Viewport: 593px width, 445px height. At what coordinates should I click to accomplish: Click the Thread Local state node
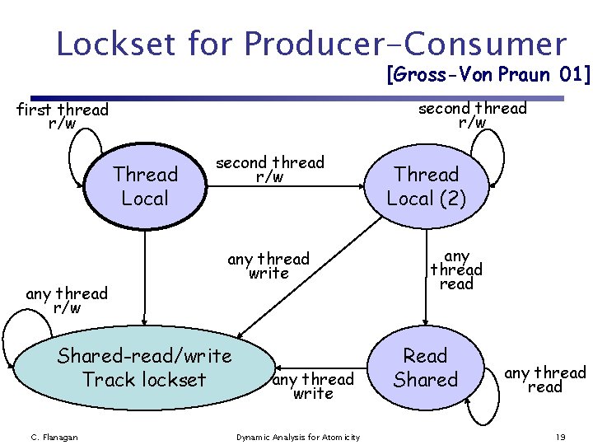[x=145, y=186]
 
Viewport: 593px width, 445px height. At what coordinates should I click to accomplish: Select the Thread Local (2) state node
[x=426, y=186]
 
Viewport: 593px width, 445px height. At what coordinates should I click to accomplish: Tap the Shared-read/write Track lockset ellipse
[x=144, y=368]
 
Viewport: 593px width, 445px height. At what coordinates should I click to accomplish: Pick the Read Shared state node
[x=425, y=368]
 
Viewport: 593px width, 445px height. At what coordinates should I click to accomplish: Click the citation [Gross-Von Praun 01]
[x=488, y=76]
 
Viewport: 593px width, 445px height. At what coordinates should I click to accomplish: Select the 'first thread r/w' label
[x=63, y=116]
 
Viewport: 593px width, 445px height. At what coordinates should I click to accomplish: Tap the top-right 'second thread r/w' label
[x=472, y=115]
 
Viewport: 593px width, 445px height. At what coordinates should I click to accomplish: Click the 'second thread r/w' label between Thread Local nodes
[x=270, y=169]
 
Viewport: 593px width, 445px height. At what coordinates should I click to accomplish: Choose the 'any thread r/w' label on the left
[x=67, y=300]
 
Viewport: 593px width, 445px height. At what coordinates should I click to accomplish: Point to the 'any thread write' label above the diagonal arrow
[x=268, y=265]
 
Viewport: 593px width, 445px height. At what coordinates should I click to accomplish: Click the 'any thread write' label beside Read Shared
[x=313, y=386]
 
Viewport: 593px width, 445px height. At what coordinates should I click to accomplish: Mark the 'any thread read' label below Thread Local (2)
[x=456, y=269]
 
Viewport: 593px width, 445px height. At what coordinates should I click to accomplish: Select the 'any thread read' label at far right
[x=544, y=379]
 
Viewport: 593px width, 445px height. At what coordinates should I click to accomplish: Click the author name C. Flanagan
[x=54, y=437]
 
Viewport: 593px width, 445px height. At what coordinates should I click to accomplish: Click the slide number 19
[x=560, y=437]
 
